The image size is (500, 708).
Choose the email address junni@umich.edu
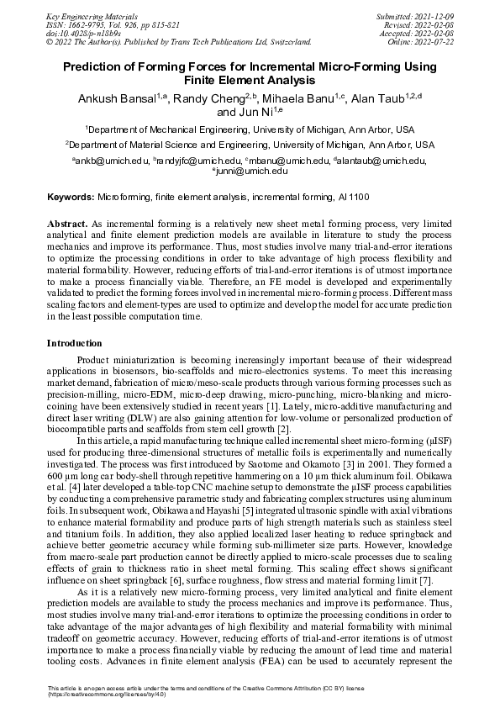click(251, 172)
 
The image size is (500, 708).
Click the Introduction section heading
click(74, 343)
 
